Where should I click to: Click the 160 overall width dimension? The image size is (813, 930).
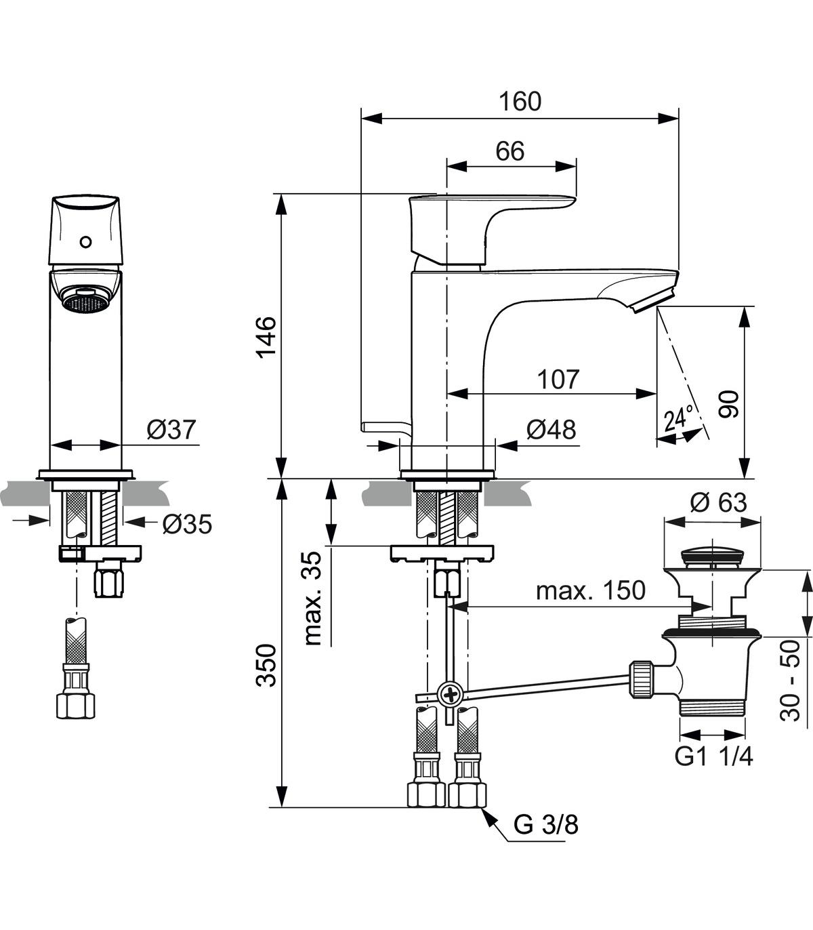pos(520,102)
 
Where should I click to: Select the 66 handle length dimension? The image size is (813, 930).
pos(510,151)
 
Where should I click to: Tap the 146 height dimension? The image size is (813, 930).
pos(267,337)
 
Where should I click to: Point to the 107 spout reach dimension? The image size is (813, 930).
pos(558,379)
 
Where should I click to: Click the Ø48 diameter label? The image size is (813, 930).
pos(551,429)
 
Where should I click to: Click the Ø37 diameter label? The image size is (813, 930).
pos(171,429)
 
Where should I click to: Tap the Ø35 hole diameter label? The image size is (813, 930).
pos(187,524)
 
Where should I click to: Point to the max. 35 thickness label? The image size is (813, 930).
pos(314,598)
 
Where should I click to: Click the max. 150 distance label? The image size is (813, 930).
pos(591,590)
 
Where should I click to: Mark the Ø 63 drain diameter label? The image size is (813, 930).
pos(719,502)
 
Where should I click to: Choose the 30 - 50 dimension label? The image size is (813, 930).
pos(790,681)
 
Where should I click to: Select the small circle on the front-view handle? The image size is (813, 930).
pos(85,241)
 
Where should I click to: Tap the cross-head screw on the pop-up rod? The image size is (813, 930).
pos(450,694)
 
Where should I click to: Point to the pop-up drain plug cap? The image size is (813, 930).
pos(712,557)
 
